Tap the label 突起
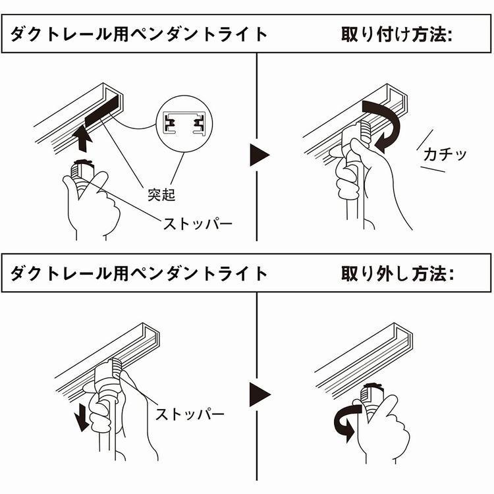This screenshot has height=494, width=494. pyautogui.click(x=161, y=195)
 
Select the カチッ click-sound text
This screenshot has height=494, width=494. pyautogui.click(x=445, y=155)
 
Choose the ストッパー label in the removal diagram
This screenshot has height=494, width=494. pyautogui.click(x=190, y=414)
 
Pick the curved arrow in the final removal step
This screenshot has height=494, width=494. pyautogui.click(x=343, y=420)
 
